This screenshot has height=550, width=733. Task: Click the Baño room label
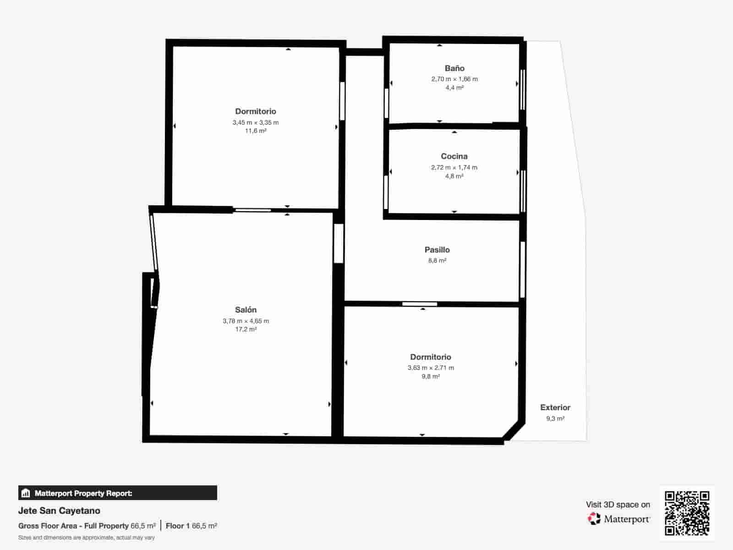point(454,68)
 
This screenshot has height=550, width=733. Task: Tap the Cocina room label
point(454,156)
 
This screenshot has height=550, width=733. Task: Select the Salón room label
point(246,310)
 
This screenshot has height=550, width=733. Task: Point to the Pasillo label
point(437,250)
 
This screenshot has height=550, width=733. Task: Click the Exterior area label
point(555,407)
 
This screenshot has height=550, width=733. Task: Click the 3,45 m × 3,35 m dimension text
point(256,122)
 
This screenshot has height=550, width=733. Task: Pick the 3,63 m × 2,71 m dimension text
point(431,368)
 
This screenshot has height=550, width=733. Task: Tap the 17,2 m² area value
point(246,329)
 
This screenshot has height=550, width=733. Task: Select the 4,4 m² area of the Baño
point(454,88)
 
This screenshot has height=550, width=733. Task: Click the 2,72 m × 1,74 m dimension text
point(454,167)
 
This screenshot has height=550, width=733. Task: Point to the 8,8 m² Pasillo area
point(437,260)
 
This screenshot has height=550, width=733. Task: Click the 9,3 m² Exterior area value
point(555,418)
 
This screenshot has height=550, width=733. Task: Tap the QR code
point(687,513)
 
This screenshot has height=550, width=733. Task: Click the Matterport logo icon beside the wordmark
point(594,518)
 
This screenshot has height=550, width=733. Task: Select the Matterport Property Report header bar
point(118,493)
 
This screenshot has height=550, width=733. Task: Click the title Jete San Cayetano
point(59,511)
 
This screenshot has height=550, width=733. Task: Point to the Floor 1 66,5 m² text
point(191,526)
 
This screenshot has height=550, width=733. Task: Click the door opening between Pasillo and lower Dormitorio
point(420,304)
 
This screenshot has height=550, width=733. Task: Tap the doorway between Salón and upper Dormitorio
point(253,210)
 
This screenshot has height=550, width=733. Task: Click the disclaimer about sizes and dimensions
point(87,538)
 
